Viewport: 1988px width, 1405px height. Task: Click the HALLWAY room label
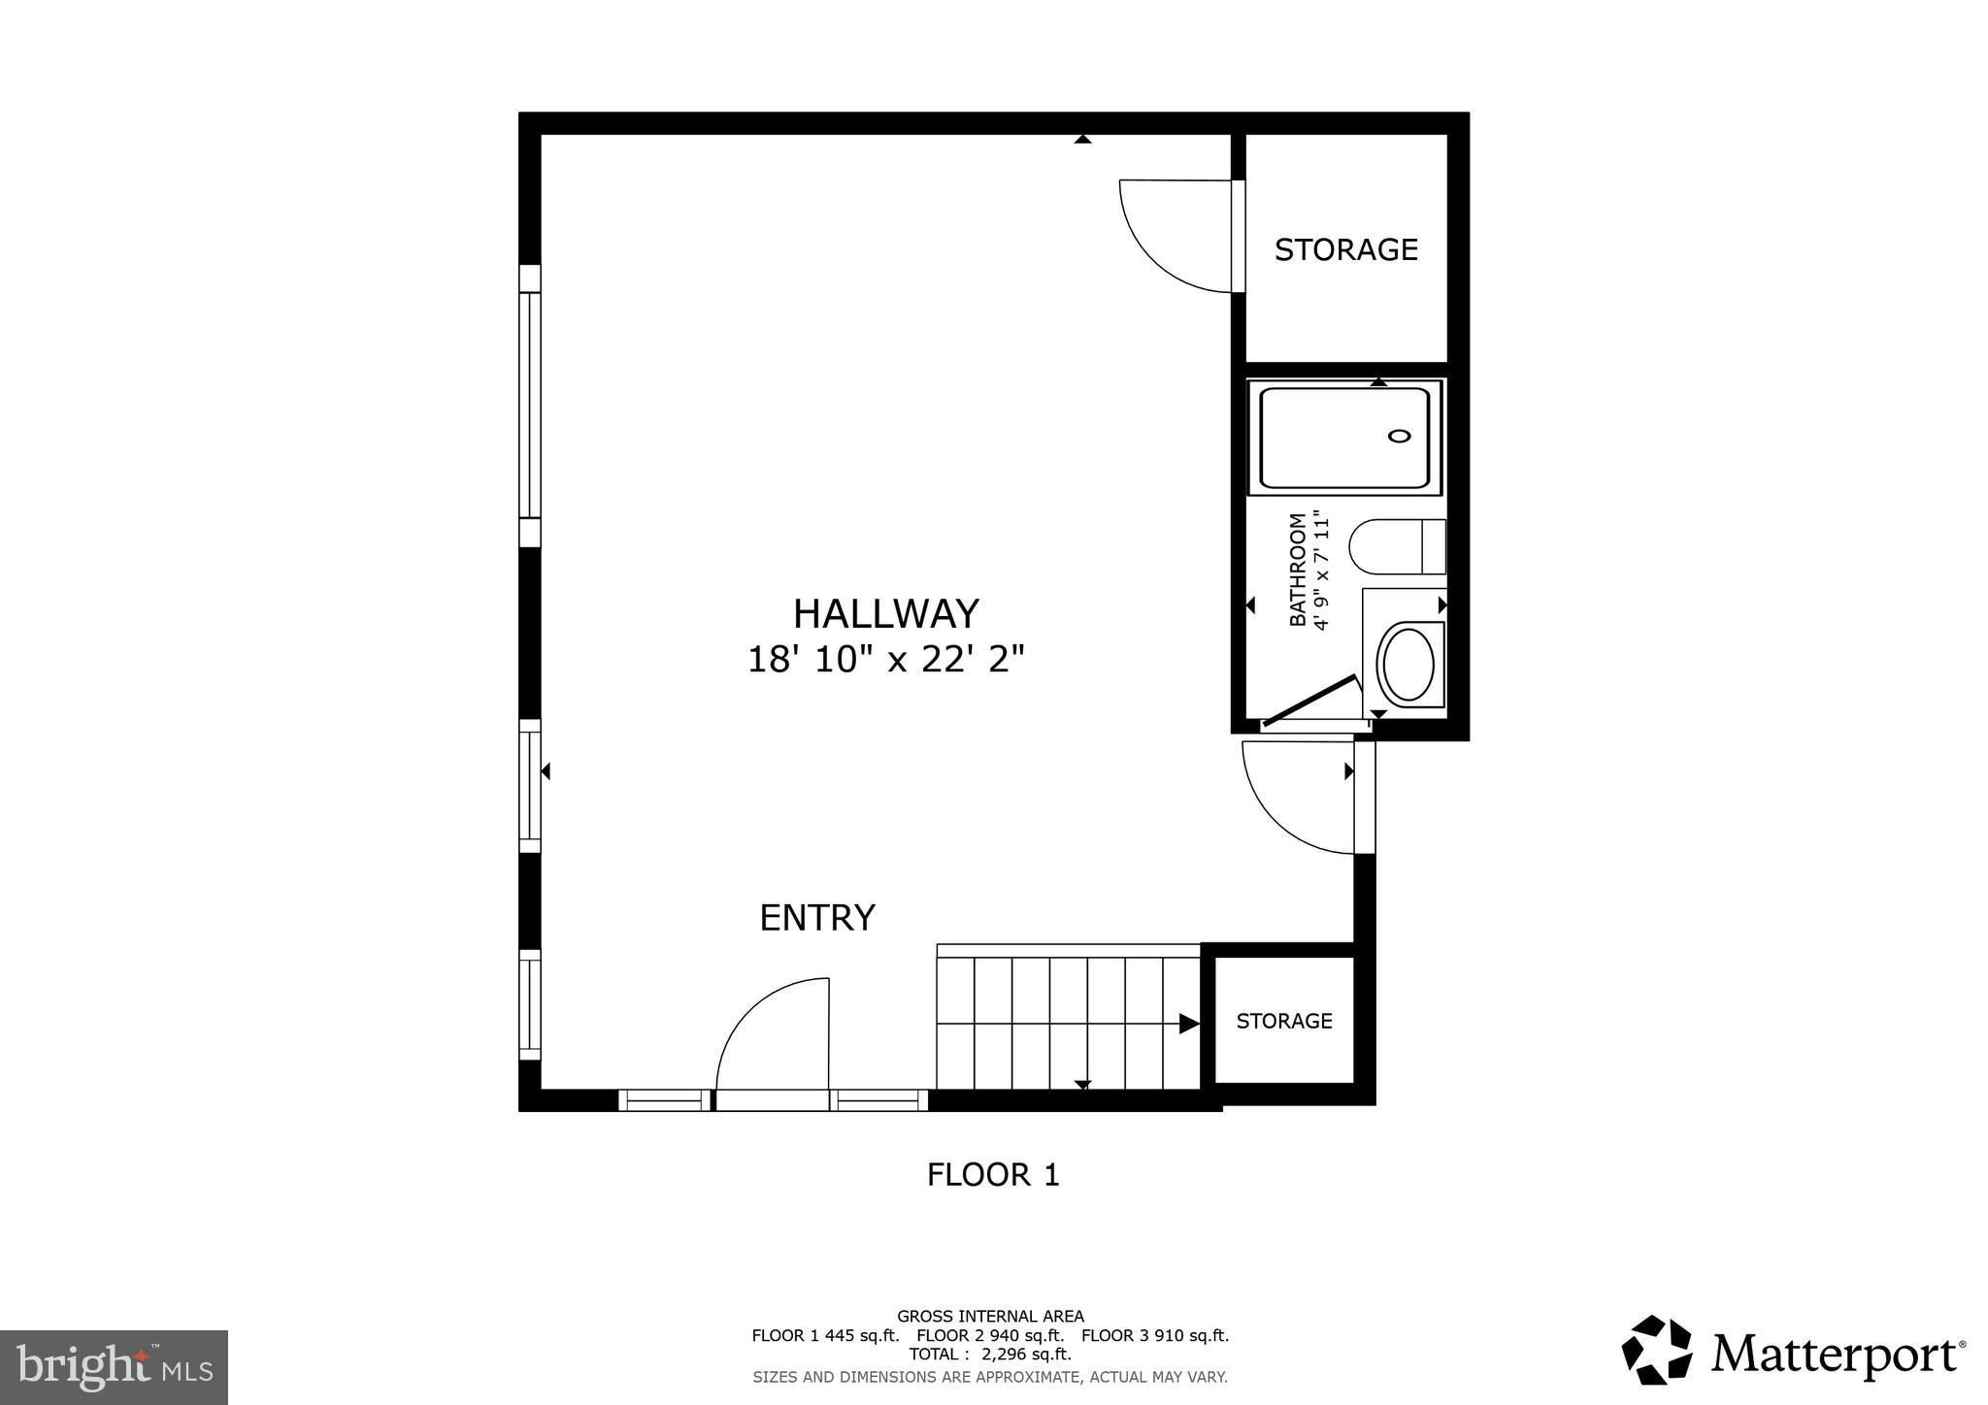pos(885,614)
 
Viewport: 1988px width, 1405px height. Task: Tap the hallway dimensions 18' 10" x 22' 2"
pos(885,661)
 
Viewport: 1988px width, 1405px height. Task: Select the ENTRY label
pos(816,917)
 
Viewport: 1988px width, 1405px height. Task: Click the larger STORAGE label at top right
pos(1345,250)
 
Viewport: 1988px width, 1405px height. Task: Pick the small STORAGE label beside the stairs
pos(1283,1021)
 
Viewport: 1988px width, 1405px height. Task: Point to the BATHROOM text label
pos(1297,570)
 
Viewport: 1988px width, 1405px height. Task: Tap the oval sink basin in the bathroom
pos(1407,665)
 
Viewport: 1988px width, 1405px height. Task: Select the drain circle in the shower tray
pos(1399,436)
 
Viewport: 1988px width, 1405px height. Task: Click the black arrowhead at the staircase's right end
pos(1188,1023)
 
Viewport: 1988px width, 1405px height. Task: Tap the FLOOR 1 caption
pos(992,1175)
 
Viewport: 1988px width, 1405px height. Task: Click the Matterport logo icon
pos(1656,1350)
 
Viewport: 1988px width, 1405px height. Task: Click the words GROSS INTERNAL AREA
pos(990,1317)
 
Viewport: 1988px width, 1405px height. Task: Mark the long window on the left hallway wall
pos(529,405)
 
